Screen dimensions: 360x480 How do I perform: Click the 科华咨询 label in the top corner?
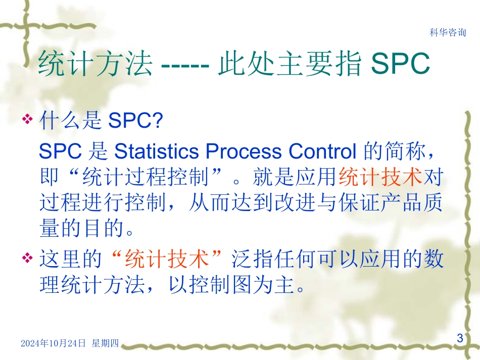pos(448,33)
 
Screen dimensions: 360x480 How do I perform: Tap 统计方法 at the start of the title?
pos(95,64)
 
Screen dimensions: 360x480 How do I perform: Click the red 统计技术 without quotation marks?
pos(380,177)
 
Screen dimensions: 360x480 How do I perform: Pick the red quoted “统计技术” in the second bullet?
pos(166,260)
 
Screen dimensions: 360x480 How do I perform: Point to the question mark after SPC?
pos(160,121)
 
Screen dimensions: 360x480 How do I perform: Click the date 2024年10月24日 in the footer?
pos(53,343)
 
